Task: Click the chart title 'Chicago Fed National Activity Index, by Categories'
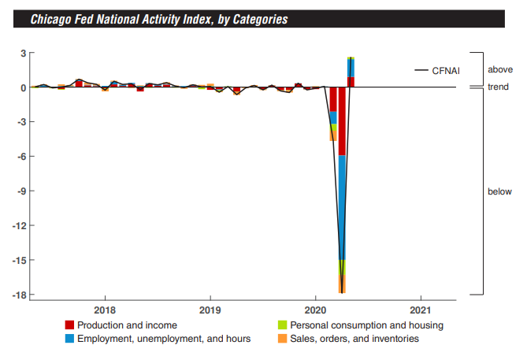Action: click(159, 19)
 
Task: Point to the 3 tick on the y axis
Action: click(23, 53)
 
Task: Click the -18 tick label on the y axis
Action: click(19, 295)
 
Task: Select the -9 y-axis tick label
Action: click(21, 191)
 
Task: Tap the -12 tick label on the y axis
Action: click(19, 225)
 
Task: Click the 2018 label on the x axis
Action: click(105, 310)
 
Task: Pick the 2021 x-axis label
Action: click(421, 310)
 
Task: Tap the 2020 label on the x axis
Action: click(315, 310)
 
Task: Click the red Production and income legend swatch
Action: click(69, 325)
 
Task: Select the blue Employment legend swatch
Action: click(69, 339)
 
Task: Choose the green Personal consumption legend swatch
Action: click(282, 325)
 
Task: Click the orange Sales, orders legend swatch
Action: click(282, 339)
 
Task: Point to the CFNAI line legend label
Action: click(446, 71)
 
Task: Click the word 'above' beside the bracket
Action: click(500, 69)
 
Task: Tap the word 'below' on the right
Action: click(499, 191)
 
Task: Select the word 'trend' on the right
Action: click(498, 87)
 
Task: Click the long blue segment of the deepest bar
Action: click(342, 208)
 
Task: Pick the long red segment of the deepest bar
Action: click(342, 121)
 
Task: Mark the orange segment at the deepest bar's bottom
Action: click(342, 284)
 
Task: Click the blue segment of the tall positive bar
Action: click(351, 69)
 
